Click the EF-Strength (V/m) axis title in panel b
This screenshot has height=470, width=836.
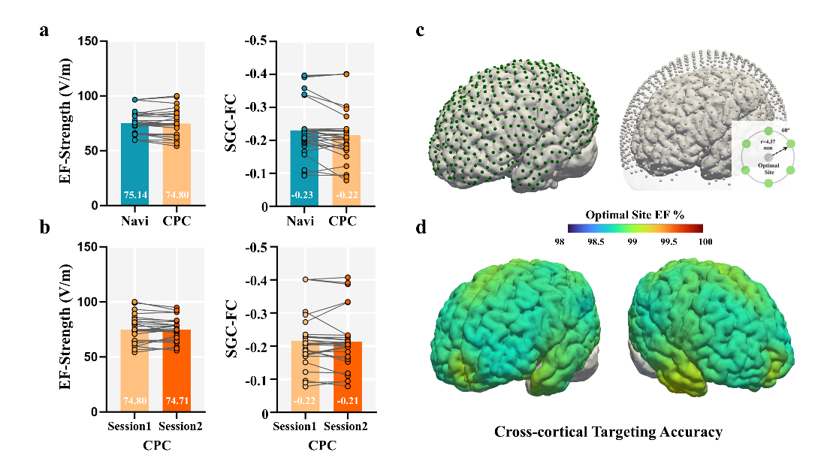(x=65, y=330)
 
